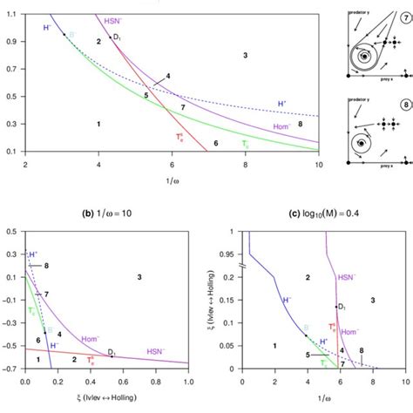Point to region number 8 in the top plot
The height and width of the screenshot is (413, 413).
tap(301, 124)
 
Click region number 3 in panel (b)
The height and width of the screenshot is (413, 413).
tap(139, 276)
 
